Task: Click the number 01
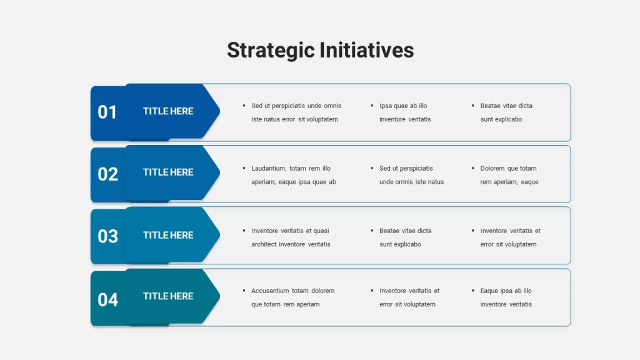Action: coord(107,112)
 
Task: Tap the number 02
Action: coord(107,174)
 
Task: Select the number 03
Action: coord(107,236)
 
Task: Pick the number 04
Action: coord(107,300)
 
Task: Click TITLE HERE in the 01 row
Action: coord(168,111)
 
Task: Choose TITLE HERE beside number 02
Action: coord(168,172)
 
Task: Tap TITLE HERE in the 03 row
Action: coord(168,235)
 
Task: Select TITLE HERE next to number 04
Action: coord(168,296)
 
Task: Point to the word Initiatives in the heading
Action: coord(366,50)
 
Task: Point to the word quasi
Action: coord(321,231)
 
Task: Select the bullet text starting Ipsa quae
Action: coord(405,112)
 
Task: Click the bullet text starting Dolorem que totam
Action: coord(509,175)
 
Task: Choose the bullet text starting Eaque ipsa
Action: coord(506,297)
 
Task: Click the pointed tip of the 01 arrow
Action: coord(219,111)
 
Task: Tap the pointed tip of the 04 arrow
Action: coord(219,296)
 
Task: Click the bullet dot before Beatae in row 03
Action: coord(372,231)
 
